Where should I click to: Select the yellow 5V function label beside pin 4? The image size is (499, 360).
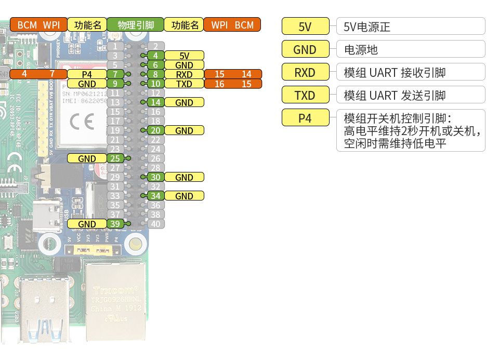184,56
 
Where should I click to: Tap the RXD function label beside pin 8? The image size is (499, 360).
184,74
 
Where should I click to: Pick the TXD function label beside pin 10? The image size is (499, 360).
184,84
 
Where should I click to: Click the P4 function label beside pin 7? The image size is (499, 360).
87,74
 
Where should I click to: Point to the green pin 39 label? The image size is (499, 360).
115,224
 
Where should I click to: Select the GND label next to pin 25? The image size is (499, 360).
87,158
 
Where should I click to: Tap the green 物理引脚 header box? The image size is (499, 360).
135,24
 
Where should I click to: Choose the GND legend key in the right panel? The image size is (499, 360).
305,49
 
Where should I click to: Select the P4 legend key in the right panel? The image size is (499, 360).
305,118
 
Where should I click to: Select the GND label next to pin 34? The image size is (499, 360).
184,196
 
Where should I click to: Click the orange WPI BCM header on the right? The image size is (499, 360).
232,24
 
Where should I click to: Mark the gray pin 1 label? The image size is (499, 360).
115,46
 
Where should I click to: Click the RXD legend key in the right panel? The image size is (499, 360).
305,72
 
